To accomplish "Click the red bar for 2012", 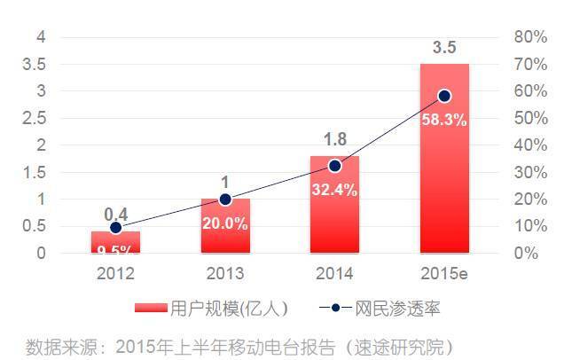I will pos(115,242).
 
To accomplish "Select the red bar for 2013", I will pos(224,226).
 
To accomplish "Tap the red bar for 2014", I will pos(334,205).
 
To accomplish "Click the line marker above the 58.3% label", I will pos(444,96).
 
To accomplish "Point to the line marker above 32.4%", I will pos(334,166).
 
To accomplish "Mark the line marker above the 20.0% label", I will pos(224,200).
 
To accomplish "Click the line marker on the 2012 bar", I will pos(115,228).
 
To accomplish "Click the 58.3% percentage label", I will pos(444,120).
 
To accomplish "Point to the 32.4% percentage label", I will pos(334,188).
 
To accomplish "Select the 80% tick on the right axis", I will pos(529,37).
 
